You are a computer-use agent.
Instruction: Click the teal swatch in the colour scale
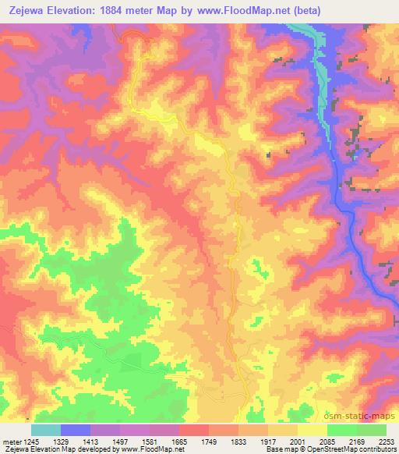pos(46,430)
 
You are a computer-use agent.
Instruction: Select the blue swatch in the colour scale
pos(76,430)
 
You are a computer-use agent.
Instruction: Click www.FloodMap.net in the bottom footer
pos(143,449)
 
